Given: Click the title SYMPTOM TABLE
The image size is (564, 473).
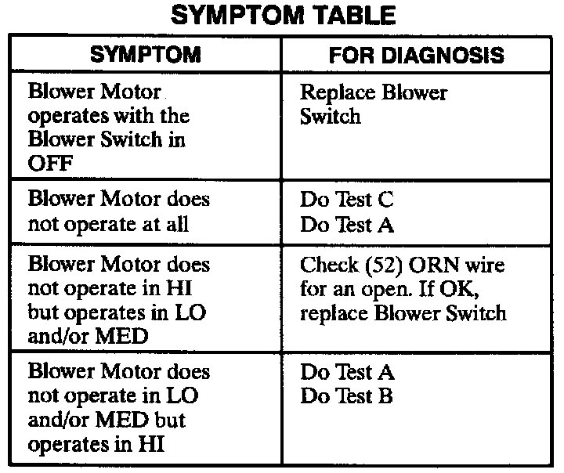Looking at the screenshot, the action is (283, 16).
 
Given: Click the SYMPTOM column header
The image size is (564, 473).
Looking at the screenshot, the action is (146, 55).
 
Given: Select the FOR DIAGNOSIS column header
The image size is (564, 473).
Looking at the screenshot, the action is (417, 56).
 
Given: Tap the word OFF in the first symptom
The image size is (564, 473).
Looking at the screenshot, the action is (50, 164).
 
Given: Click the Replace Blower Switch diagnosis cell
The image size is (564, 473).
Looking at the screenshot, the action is (374, 104).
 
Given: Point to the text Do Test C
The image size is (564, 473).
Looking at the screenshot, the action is (347, 199).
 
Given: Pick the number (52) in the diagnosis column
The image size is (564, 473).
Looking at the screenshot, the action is (384, 265).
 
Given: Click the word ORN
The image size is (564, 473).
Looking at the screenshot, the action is (434, 265).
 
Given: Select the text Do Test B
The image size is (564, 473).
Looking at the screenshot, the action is (346, 395).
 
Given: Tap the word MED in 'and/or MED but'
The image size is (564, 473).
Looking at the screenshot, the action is (122, 420).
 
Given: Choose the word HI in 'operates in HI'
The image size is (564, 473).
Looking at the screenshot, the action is (151, 443).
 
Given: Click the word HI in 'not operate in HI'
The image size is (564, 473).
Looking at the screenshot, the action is (179, 287).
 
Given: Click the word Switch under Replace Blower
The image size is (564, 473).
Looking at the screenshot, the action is (331, 116).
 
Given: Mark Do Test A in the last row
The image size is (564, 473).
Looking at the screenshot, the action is (347, 372).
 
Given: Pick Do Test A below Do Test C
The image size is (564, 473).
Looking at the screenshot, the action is (347, 225).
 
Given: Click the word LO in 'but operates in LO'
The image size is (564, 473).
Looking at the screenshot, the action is (190, 312).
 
